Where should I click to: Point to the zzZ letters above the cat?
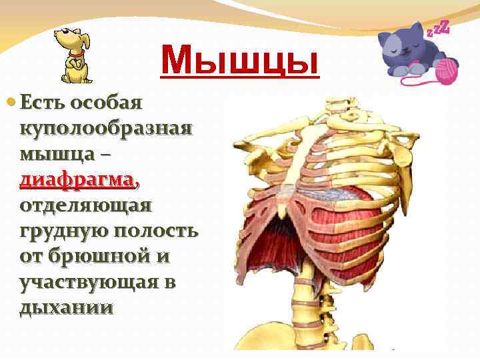(x=437, y=29)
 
